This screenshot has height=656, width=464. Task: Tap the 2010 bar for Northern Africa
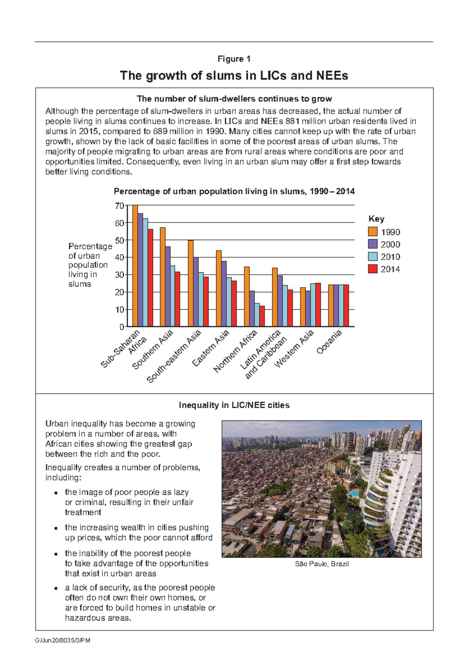tap(257, 315)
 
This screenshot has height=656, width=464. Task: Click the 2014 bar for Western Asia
tap(318, 305)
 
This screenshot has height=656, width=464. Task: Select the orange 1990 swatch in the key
tap(373, 232)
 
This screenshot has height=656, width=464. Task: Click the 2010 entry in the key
tap(390, 257)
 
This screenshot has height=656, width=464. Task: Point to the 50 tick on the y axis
tap(119, 240)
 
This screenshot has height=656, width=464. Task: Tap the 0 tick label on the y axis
tap(121, 327)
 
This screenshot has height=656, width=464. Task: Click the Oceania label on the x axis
tap(329, 342)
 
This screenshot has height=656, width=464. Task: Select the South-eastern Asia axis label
tap(174, 356)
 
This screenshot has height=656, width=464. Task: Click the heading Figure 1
tap(234, 59)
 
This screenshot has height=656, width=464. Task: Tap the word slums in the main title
tap(225, 75)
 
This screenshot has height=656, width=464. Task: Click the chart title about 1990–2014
tap(234, 191)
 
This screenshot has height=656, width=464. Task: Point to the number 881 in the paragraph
tap(292, 121)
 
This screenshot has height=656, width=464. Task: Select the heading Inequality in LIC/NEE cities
tap(234, 405)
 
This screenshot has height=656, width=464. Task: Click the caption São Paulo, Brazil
tap(322, 564)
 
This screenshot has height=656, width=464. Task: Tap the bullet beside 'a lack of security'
tap(56, 588)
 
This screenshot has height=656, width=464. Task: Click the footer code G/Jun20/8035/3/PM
tap(63, 641)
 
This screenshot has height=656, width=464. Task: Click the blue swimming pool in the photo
tap(354, 494)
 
